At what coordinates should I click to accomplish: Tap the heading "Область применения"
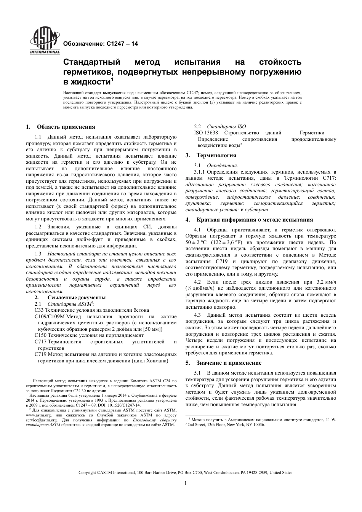coord(66,127)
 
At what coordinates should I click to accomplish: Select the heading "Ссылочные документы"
coord(76,298)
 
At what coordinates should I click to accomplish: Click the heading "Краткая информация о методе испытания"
coord(255,220)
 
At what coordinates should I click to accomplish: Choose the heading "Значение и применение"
coord(229,363)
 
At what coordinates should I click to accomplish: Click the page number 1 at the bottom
coord(185,483)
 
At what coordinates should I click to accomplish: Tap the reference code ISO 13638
coord(206,133)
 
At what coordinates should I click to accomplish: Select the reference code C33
coord(40,310)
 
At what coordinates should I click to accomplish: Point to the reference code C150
coord(41,335)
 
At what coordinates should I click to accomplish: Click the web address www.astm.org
coord(38,415)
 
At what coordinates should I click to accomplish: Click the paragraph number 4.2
coord(197,282)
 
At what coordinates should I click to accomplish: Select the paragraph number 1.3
coord(38,254)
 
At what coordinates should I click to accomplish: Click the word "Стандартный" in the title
coord(91,62)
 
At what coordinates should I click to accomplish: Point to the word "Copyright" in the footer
coord(87,473)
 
